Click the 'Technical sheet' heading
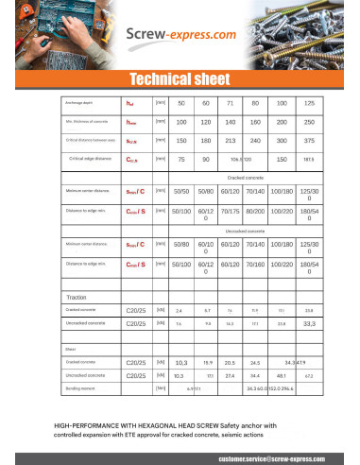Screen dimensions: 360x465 (180, 78)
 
